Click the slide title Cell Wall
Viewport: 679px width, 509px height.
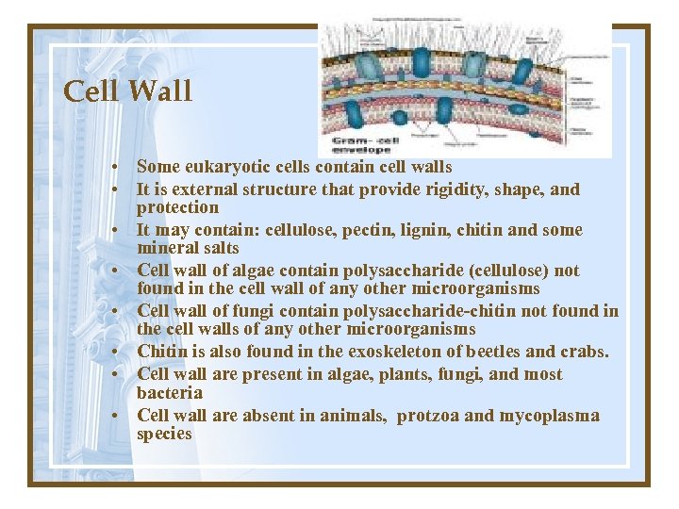click(x=127, y=91)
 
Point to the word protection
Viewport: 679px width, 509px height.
click(x=177, y=207)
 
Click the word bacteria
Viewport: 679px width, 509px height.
click(x=170, y=392)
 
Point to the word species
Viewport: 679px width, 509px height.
click(x=164, y=434)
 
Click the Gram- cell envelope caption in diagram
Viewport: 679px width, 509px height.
click(x=361, y=141)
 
